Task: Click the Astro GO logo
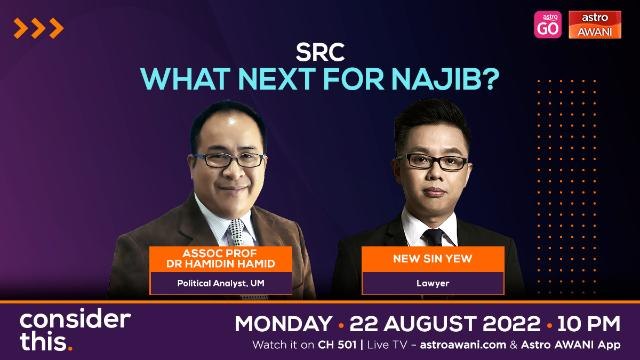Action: click(x=548, y=24)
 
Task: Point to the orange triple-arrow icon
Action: click(x=40, y=28)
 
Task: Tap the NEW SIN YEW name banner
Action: click(x=433, y=257)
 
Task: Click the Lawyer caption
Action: click(x=433, y=284)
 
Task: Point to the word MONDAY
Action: click(x=282, y=323)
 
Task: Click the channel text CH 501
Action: click(x=328, y=346)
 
